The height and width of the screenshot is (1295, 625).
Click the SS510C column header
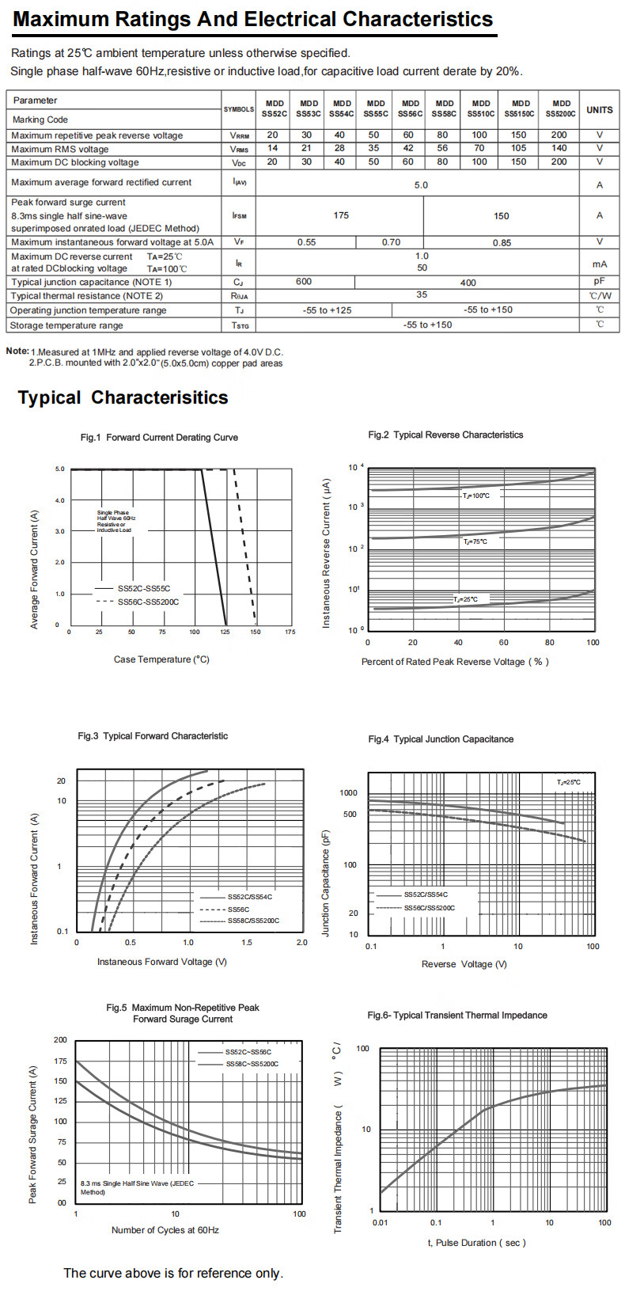click(480, 108)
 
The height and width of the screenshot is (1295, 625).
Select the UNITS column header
click(600, 109)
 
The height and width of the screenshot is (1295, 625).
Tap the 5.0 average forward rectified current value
click(421, 185)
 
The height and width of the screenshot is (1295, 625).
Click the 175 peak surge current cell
click(341, 215)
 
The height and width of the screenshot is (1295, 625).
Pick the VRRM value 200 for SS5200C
click(559, 135)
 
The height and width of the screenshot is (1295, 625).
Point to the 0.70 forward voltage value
click(391, 242)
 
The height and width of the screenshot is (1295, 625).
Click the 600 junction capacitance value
click(304, 282)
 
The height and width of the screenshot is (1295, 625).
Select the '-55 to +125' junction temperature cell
click(327, 310)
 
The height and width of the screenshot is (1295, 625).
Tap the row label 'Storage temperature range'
click(66, 325)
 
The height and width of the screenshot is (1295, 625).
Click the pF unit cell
click(600, 282)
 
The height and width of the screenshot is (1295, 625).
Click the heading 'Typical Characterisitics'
click(123, 397)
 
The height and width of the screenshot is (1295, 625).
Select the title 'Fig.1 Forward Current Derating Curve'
click(159, 437)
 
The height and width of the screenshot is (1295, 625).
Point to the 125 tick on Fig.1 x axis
click(225, 632)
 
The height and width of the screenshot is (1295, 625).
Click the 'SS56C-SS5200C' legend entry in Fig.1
click(148, 602)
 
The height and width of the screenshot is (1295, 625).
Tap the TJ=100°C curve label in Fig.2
click(476, 496)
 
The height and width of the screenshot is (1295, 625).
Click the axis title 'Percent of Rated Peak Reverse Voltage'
click(454, 662)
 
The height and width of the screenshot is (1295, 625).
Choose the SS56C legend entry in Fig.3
click(238, 910)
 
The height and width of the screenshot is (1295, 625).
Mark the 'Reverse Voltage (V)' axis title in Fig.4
click(464, 964)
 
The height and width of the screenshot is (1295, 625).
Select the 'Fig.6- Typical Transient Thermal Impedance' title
click(457, 1015)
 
